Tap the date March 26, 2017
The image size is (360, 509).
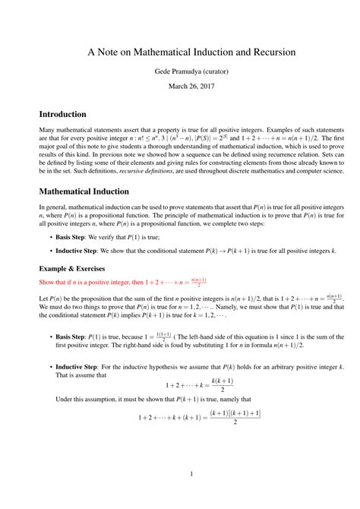(180, 86)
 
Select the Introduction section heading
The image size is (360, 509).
(63, 114)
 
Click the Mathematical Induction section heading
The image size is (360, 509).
(87, 192)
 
